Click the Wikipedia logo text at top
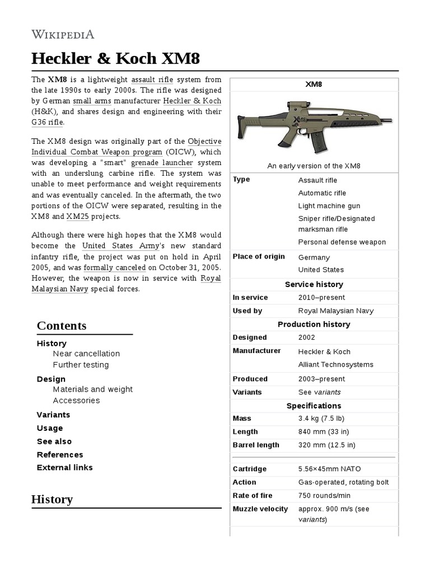click(62, 34)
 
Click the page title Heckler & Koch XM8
click(115, 59)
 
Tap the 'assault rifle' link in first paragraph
click(152, 80)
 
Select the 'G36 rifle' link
click(48, 122)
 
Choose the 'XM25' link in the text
click(77, 217)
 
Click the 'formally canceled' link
click(114, 268)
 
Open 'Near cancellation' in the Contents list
click(86, 354)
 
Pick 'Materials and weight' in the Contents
click(92, 389)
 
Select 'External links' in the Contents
click(64, 468)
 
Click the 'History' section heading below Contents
click(52, 499)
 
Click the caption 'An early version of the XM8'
click(314, 166)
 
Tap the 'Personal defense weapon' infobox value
click(342, 242)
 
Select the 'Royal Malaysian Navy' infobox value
click(335, 311)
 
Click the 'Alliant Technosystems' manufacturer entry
click(335, 365)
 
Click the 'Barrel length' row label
click(255, 445)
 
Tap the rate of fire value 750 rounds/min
click(324, 496)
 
